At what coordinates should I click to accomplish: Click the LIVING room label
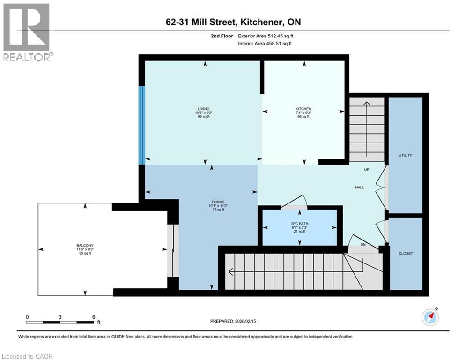(203, 109)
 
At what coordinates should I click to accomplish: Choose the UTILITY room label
(405, 155)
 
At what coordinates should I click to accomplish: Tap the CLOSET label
(405, 253)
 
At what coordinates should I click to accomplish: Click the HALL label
(359, 187)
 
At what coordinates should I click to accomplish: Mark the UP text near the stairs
(367, 169)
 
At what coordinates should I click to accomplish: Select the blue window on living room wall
(141, 125)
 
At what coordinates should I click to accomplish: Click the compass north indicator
(430, 317)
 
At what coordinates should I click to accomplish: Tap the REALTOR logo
(27, 32)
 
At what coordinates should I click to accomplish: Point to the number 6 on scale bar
(94, 317)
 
